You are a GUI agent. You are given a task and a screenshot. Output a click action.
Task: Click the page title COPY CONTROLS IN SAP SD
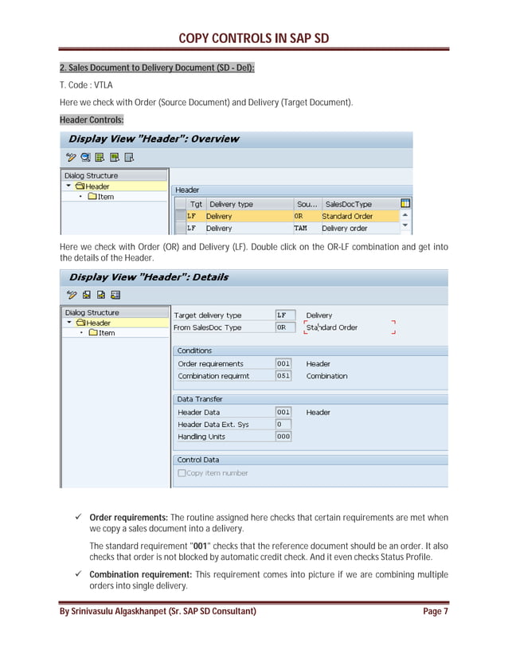point(253,37)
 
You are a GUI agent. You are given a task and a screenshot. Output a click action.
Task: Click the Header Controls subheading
point(91,119)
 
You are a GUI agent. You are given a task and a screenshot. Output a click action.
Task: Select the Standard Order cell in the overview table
point(347,216)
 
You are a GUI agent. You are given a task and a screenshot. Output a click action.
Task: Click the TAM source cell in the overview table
point(300,228)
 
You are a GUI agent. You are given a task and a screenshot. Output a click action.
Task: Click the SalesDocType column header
point(348,204)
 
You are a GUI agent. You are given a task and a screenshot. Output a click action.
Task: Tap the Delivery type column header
point(231,204)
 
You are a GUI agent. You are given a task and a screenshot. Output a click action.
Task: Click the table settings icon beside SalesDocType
point(405,203)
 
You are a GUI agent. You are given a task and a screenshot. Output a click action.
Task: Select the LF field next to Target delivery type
point(283,315)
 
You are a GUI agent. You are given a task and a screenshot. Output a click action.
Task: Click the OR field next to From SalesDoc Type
point(283,327)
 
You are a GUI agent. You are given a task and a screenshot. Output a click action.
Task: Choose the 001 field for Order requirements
point(283,364)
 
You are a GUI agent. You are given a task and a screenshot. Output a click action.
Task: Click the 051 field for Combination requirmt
point(283,376)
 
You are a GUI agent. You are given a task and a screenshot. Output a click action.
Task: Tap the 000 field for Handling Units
point(283,437)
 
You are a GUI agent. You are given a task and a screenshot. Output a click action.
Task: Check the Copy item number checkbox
point(182,473)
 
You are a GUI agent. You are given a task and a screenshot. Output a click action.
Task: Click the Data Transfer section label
point(200,399)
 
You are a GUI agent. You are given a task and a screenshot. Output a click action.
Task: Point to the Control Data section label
point(197,460)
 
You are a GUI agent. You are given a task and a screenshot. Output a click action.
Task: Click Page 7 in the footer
point(435,611)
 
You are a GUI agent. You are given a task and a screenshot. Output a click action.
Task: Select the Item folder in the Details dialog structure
point(102,333)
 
